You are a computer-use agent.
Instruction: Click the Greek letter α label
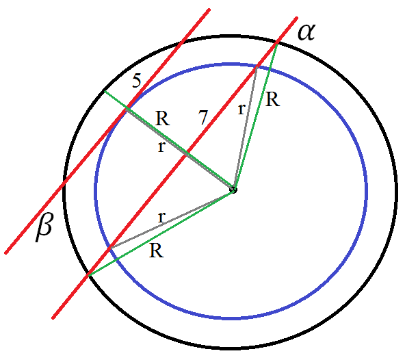point(306,33)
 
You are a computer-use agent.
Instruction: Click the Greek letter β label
point(44,227)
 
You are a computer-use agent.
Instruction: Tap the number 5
point(137,81)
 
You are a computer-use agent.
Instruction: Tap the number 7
point(203,117)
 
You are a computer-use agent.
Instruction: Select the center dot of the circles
point(233,190)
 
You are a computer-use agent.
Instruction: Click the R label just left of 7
point(162,118)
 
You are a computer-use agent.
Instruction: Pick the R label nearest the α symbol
point(273,100)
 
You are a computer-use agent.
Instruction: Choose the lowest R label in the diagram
point(157,250)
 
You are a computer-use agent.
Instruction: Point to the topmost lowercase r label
point(241,109)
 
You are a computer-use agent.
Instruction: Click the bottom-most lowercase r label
point(161,217)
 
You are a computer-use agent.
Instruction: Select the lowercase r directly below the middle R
point(161,146)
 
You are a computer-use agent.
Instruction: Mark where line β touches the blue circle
point(127,108)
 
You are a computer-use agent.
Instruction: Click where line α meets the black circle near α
point(277,42)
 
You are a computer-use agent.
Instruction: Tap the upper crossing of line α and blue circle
point(257,66)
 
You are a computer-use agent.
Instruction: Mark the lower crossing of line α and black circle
point(88,274)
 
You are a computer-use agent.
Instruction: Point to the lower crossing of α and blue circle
point(109,248)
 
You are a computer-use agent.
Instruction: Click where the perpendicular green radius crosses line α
point(186,153)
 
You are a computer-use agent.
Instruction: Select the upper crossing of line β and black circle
point(183,41)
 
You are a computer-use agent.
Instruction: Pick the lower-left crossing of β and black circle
point(64,182)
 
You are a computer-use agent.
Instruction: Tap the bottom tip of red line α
point(53,318)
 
